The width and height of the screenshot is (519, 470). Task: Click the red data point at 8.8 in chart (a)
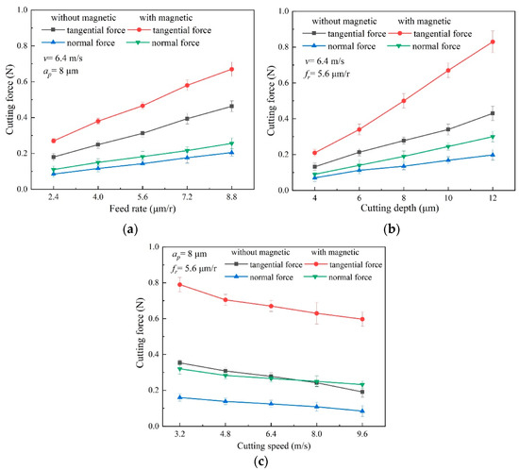click(x=231, y=69)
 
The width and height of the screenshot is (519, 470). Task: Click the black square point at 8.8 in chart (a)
click(x=231, y=106)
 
